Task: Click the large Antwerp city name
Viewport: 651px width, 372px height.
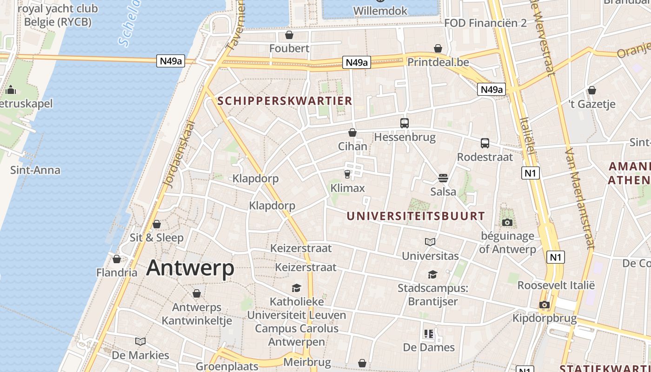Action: click(190, 268)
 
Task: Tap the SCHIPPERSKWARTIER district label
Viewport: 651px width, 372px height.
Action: click(285, 101)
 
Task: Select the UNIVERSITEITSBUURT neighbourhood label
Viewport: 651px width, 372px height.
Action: click(416, 216)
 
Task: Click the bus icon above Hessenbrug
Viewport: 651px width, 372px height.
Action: click(405, 123)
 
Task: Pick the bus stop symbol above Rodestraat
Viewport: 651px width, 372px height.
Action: click(485, 143)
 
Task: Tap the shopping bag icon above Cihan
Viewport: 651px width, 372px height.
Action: click(352, 133)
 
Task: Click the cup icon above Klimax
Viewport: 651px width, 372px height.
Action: click(347, 174)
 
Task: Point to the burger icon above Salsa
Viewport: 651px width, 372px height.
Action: click(443, 178)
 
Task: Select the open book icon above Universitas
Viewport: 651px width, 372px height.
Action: click(430, 242)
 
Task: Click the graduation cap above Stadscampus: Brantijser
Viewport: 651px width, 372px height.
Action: click(432, 274)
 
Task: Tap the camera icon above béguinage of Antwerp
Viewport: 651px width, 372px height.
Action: click(507, 222)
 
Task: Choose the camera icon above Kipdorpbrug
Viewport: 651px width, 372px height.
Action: click(544, 305)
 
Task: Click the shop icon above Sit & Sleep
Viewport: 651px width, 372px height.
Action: click(157, 224)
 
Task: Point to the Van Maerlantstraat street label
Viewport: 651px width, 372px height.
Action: click(579, 199)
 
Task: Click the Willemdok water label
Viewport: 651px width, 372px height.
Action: click(380, 11)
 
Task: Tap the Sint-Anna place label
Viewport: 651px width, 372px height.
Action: click(35, 170)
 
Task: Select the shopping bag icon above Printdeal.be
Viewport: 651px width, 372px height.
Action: click(438, 48)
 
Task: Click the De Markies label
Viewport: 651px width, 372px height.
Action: click(140, 355)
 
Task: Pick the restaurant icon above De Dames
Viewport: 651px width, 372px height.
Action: click(428, 333)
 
